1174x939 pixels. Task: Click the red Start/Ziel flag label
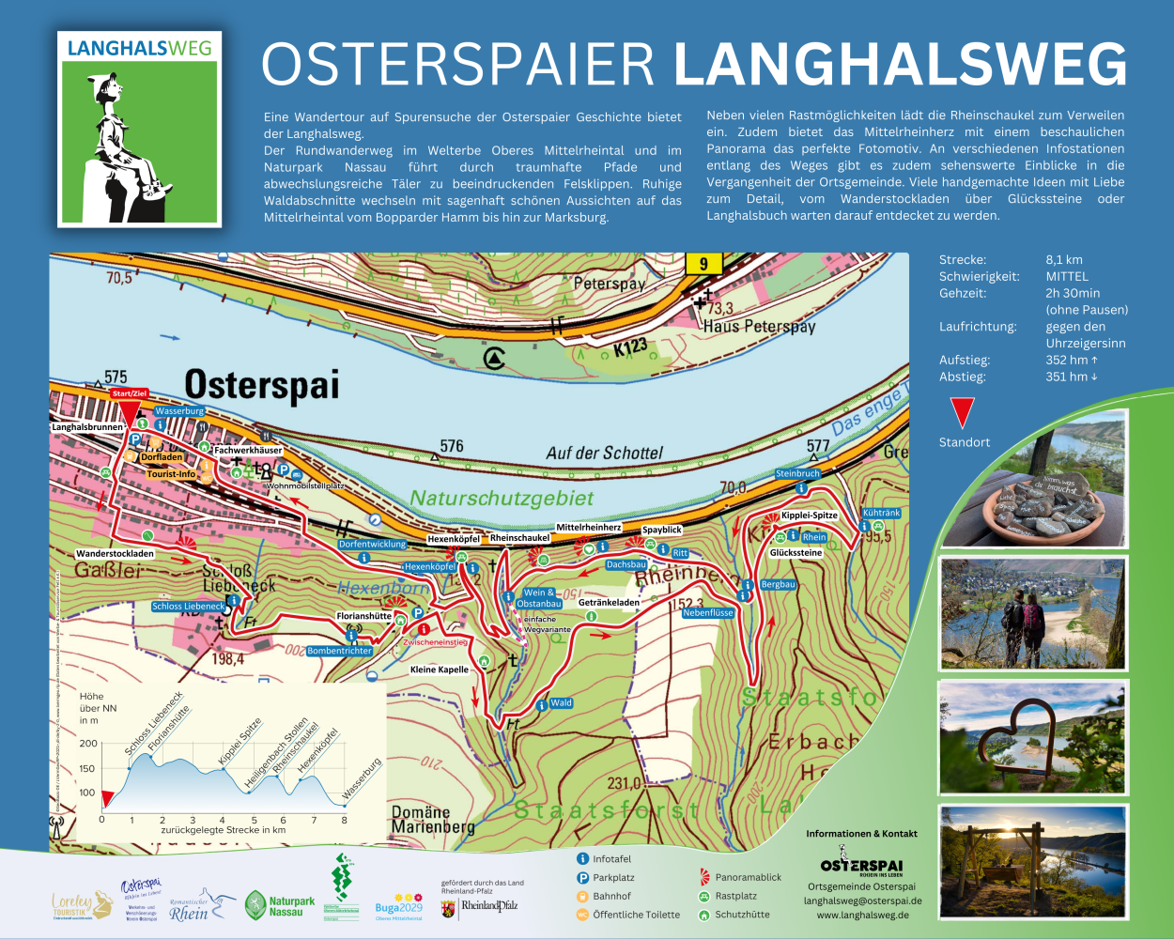pyautogui.click(x=129, y=393)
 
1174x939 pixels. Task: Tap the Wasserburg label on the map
pyautogui.click(x=179, y=411)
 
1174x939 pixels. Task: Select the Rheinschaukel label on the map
pyautogui.click(x=519, y=538)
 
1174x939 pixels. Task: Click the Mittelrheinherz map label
pyautogui.click(x=589, y=528)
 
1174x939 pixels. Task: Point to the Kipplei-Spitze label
pyautogui.click(x=809, y=516)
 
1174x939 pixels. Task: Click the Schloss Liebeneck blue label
pyautogui.click(x=189, y=607)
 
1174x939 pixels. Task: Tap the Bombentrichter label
pyautogui.click(x=340, y=651)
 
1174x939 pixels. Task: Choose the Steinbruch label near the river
pyautogui.click(x=797, y=474)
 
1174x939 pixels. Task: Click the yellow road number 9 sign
pyautogui.click(x=703, y=264)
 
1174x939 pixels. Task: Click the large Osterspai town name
pyautogui.click(x=261, y=385)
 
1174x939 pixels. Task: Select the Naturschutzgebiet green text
pyautogui.click(x=502, y=499)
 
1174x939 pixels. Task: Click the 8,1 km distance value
pyautogui.click(x=1064, y=260)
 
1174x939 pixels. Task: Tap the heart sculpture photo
pyautogui.click(x=1033, y=738)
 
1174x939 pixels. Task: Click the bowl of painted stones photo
pyautogui.click(x=1033, y=480)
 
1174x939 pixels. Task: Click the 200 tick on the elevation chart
pyautogui.click(x=88, y=744)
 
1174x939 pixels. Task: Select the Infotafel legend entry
pyautogui.click(x=611, y=858)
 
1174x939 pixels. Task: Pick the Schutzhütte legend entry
pyautogui.click(x=742, y=914)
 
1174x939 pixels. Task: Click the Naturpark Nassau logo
pyautogui.click(x=280, y=906)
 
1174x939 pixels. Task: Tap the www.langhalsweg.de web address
pyautogui.click(x=862, y=915)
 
